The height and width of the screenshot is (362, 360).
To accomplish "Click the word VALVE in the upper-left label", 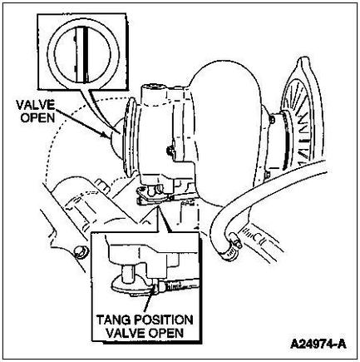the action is [35, 106].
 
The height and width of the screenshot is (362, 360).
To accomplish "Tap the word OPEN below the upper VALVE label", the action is [38, 118].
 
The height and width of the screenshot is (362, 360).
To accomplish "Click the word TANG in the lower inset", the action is [114, 320].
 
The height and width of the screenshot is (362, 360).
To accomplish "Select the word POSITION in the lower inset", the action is [164, 320].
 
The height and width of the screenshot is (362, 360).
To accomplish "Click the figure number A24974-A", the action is [318, 345].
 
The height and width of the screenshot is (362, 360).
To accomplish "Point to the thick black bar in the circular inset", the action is [86, 54].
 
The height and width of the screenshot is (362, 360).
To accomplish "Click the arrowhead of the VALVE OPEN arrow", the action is [109, 135].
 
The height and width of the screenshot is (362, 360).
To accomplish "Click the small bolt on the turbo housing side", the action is [169, 151].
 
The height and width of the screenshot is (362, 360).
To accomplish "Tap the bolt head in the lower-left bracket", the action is [80, 252].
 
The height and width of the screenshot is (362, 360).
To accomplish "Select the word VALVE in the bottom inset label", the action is [126, 332].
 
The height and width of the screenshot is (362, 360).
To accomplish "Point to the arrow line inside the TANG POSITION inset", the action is [148, 302].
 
